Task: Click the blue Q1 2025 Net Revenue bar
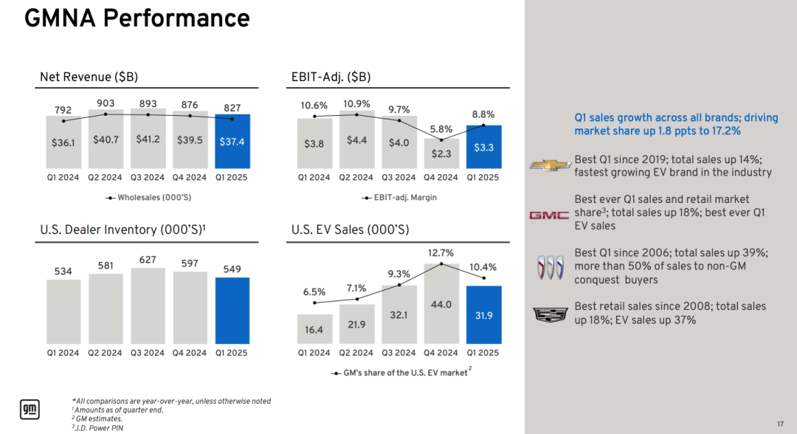(232, 141)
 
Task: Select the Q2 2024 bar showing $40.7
(106, 139)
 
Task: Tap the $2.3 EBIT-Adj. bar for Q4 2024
(441, 154)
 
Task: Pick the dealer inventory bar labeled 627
(148, 306)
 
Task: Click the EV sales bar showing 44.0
(441, 304)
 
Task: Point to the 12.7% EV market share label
(441, 252)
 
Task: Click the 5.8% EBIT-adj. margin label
(441, 129)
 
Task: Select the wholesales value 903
(106, 103)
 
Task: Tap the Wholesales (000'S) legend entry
(148, 198)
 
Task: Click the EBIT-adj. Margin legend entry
(399, 198)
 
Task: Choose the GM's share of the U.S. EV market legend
(401, 373)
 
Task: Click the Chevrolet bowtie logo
(550, 165)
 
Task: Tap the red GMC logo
(550, 216)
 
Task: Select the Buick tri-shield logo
(551, 267)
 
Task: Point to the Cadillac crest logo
(550, 314)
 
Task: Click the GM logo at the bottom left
(30, 410)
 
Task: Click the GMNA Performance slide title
(137, 18)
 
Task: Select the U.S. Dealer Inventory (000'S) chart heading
(123, 230)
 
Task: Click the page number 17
(780, 424)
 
